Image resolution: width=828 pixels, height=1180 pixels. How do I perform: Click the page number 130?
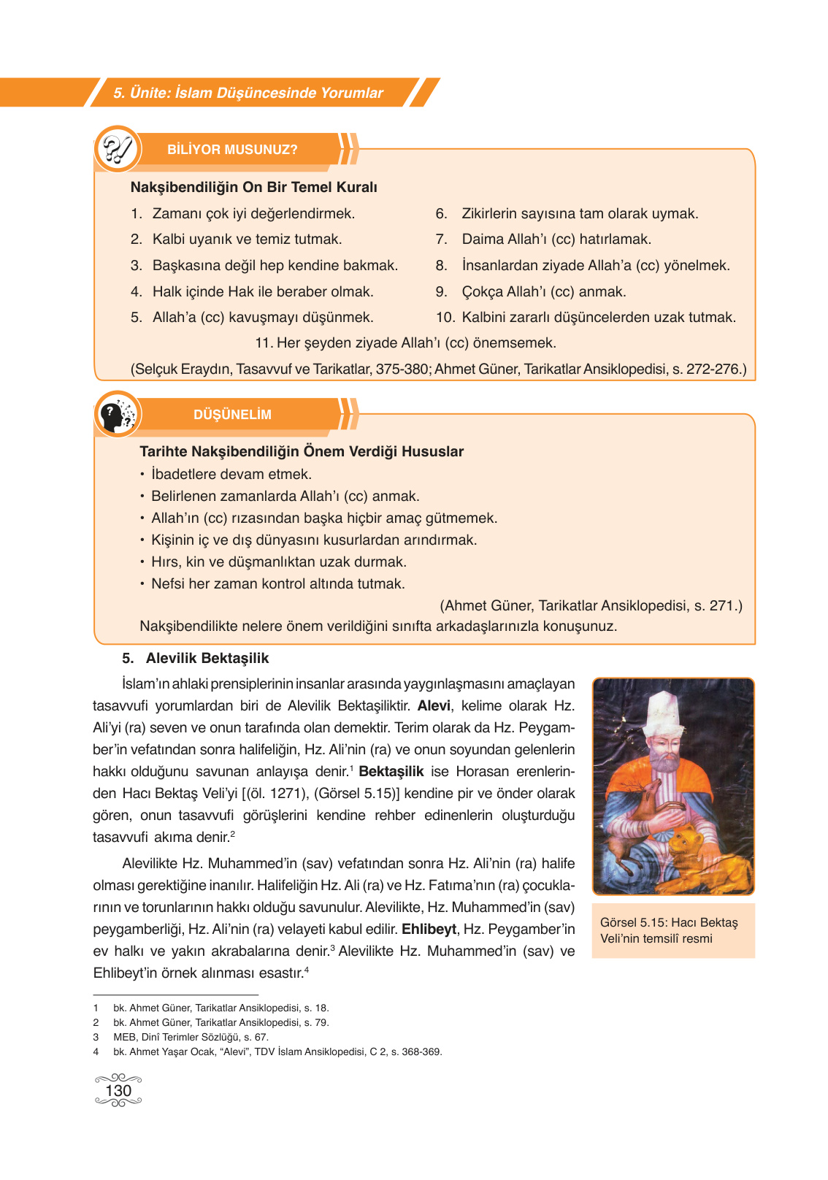(118, 1090)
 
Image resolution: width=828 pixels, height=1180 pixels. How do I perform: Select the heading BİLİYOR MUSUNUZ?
(232, 150)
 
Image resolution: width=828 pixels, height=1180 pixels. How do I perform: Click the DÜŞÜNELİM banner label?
(232, 415)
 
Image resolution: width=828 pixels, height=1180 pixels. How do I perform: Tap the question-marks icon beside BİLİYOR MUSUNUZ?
(118, 150)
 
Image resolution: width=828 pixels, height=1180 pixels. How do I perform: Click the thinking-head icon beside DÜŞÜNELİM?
(117, 415)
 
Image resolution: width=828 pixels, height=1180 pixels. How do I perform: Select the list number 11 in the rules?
(263, 343)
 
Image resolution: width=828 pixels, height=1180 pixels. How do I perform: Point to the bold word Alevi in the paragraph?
(434, 706)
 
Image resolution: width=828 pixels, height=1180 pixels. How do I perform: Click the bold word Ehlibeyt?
(429, 930)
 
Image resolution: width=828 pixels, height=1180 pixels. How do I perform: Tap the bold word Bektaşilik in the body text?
(391, 772)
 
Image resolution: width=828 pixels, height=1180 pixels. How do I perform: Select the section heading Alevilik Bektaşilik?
(207, 659)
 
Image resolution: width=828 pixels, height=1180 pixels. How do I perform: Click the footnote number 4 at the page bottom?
(96, 1052)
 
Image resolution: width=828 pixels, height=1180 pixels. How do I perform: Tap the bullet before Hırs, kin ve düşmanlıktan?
(142, 562)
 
